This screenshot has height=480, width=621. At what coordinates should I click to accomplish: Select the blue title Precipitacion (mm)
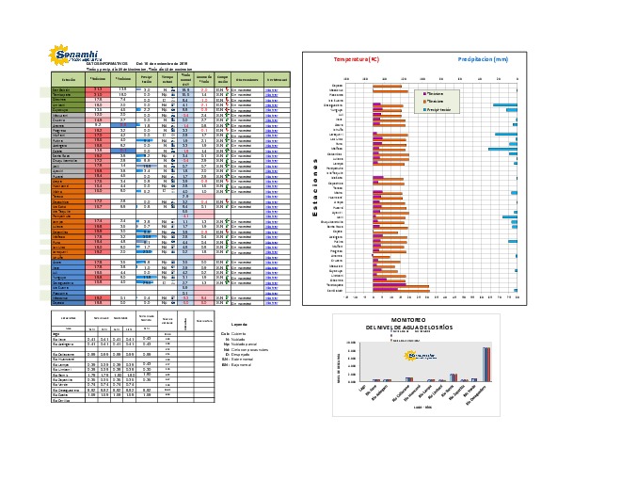(x=483, y=59)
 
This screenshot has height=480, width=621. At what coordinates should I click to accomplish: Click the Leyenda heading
(x=240, y=324)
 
